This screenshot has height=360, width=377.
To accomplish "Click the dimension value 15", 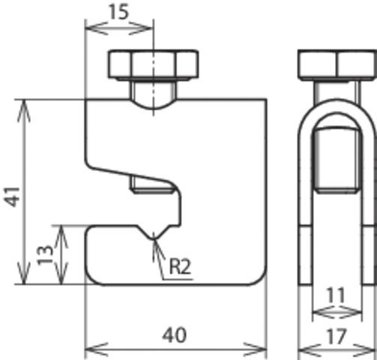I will pyautogui.click(x=119, y=13).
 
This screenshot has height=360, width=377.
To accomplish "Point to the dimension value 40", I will pyautogui.click(x=174, y=333).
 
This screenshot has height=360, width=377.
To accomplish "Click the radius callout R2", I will pyautogui.click(x=180, y=265).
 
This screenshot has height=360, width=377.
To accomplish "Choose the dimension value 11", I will pyautogui.click(x=337, y=295).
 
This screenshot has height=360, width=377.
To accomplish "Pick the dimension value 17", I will pyautogui.click(x=337, y=337).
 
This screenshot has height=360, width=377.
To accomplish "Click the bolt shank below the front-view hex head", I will pyautogui.click(x=154, y=93).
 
